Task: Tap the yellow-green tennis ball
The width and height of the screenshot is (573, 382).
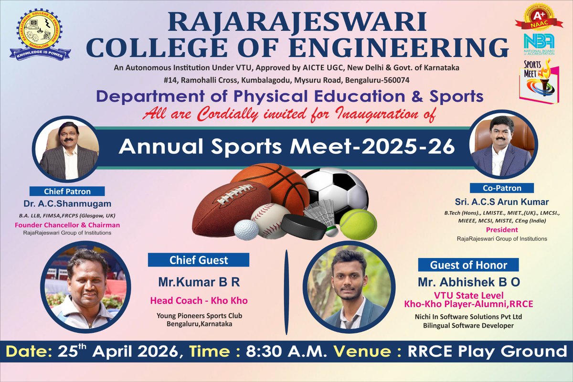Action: (358, 223)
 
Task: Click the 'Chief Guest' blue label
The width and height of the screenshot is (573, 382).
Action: (199, 260)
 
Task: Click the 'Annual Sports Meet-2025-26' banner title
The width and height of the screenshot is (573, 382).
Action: (286, 147)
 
